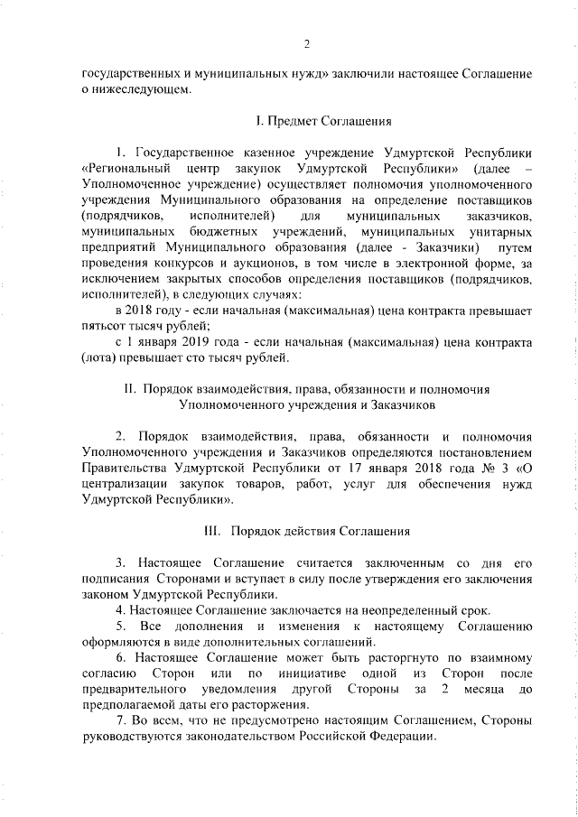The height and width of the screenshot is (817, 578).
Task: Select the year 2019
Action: tap(204, 343)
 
